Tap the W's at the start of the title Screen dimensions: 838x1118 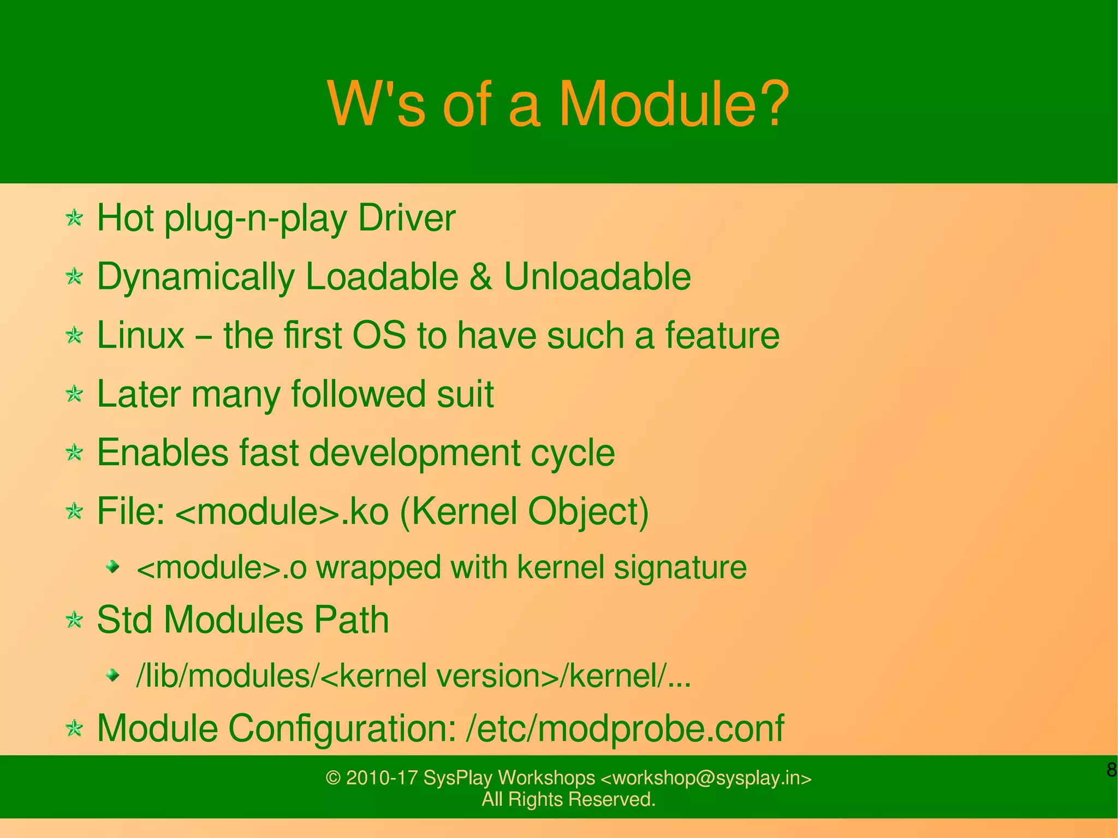[376, 104]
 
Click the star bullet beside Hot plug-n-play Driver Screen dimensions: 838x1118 [74, 219]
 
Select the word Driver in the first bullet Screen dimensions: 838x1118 [406, 218]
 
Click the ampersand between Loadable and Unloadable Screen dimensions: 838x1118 [480, 277]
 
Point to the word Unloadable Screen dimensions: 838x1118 [597, 277]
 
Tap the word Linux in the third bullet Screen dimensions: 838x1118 [141, 335]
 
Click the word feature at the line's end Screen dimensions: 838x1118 [722, 335]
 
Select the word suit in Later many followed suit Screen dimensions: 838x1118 [465, 394]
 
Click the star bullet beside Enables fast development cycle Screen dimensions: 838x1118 [74, 453]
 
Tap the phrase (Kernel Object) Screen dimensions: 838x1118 [525, 512]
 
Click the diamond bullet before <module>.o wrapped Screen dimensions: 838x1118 [113, 567]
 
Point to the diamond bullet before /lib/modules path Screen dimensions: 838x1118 [113, 676]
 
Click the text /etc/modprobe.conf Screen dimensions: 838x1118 [625, 728]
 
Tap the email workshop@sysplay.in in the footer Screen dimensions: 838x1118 [706, 778]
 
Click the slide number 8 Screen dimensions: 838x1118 [1111, 770]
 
